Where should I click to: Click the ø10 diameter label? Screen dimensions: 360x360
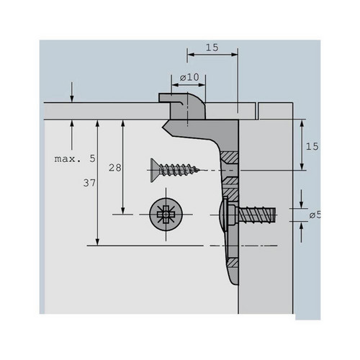189,77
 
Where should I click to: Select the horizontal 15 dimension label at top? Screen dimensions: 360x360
212,48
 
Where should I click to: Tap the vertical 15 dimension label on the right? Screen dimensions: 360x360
312,146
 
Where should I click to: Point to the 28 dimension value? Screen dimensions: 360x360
115,168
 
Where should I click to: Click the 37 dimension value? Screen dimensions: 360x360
89,183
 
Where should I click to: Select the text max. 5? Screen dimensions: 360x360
75,158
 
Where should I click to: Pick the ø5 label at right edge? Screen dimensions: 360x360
315,215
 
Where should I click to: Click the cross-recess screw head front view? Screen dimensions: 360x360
166,215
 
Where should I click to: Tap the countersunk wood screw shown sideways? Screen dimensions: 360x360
175,170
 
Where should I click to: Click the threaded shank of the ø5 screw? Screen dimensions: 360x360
257,215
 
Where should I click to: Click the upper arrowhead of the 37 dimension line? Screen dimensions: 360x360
97,123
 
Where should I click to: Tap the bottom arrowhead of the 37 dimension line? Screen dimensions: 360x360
97,243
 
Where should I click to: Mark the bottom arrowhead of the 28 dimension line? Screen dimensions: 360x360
123,211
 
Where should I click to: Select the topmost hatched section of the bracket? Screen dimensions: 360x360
230,157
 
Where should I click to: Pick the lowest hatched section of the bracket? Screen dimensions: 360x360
233,263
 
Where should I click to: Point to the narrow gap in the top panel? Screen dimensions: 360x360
257,111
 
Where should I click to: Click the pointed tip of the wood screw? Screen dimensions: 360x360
199,170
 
